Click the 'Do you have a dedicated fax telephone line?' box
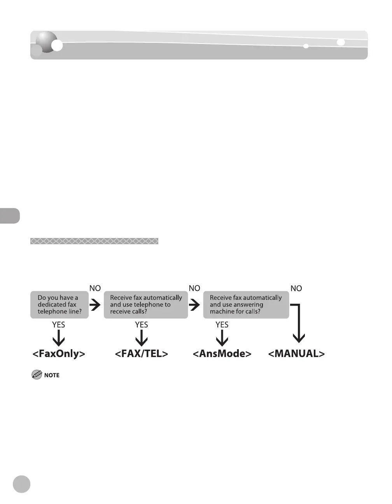click(59, 305)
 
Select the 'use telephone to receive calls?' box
click(146, 305)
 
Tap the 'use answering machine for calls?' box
click(246, 305)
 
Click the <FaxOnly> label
click(59, 354)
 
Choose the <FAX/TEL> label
click(142, 354)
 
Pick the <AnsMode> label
click(222, 354)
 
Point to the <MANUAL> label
click(296, 354)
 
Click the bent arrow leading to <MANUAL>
click(298, 323)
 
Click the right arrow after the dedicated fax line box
click(95, 305)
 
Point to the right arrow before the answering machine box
click(194, 305)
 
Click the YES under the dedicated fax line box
click(59, 325)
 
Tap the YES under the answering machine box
click(222, 325)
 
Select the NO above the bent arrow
click(296, 289)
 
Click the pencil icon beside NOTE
click(37, 375)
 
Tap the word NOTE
click(52, 375)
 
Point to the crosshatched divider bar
click(94, 241)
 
